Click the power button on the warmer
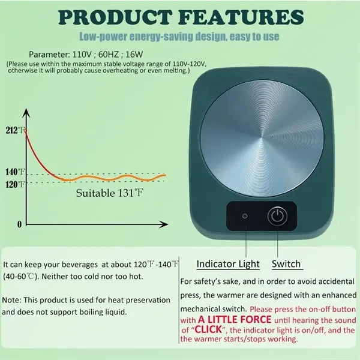pos(277,216)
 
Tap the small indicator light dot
pos(245,216)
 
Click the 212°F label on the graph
pos(15,130)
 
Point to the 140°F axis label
pos(15,172)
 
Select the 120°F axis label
pos(15,184)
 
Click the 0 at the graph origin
pos(20,224)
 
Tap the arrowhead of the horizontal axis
pos(163,224)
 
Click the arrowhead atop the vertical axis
pos(26,113)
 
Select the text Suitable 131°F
pos(110,193)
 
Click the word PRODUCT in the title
pos(115,17)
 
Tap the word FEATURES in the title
pos(241,17)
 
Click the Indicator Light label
pos(228,264)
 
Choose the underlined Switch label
pos(286,264)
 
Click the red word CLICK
pos(208,329)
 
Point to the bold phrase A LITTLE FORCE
pos(235,320)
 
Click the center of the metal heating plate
pos(262,139)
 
